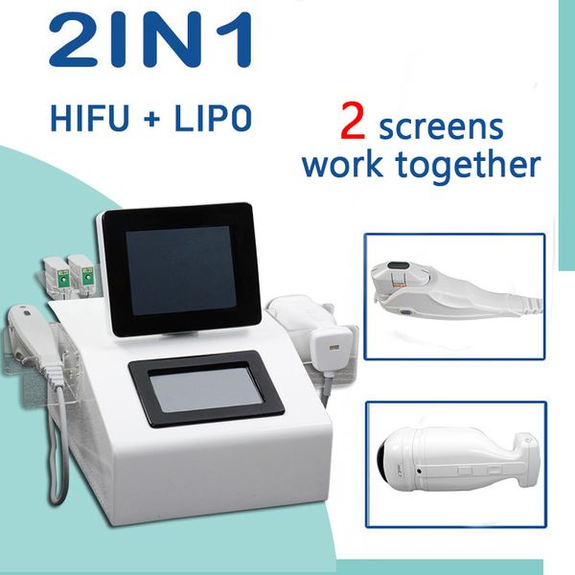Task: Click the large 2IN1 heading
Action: [151, 39]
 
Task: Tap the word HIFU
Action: [90, 118]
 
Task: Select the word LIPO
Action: [213, 118]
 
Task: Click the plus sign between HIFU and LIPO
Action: [151, 119]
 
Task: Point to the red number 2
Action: [353, 121]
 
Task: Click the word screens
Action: [441, 127]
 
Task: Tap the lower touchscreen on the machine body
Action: [206, 389]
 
